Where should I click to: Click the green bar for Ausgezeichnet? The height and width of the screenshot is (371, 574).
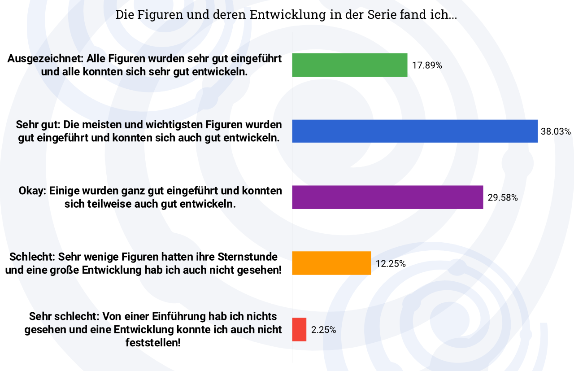click(x=350, y=65)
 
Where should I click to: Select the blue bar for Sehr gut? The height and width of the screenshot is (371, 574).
click(x=415, y=131)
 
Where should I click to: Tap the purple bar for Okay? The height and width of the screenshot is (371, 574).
click(x=387, y=197)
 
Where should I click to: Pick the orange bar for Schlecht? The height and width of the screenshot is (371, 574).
click(x=331, y=263)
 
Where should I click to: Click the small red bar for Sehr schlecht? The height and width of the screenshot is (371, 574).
click(x=299, y=329)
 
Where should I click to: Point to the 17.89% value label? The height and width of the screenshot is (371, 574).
click(x=427, y=65)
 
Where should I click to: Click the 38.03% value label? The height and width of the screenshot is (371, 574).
click(x=556, y=131)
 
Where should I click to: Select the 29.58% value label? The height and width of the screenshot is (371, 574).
click(x=503, y=197)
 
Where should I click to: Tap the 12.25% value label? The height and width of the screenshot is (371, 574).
click(x=391, y=263)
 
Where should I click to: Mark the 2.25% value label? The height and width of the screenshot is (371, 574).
click(x=323, y=330)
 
